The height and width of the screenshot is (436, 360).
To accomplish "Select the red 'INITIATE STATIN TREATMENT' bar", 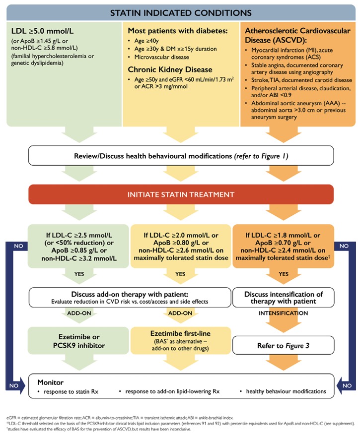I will [179, 194].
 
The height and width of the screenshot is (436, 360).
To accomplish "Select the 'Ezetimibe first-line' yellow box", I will [180, 339].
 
